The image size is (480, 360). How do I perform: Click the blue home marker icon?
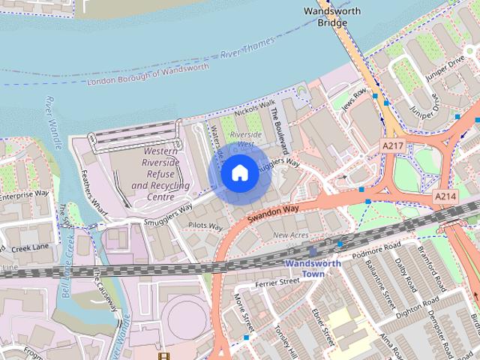tap(239, 173)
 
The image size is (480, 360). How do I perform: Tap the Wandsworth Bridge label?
tap(331, 16)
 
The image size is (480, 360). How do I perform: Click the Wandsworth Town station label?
tap(313, 268)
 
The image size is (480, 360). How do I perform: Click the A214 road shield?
tap(445, 195)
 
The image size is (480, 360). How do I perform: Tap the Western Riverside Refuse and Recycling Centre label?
tap(160, 174)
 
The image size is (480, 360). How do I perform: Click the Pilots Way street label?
tap(206, 226)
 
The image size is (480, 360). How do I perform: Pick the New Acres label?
tap(290, 235)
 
